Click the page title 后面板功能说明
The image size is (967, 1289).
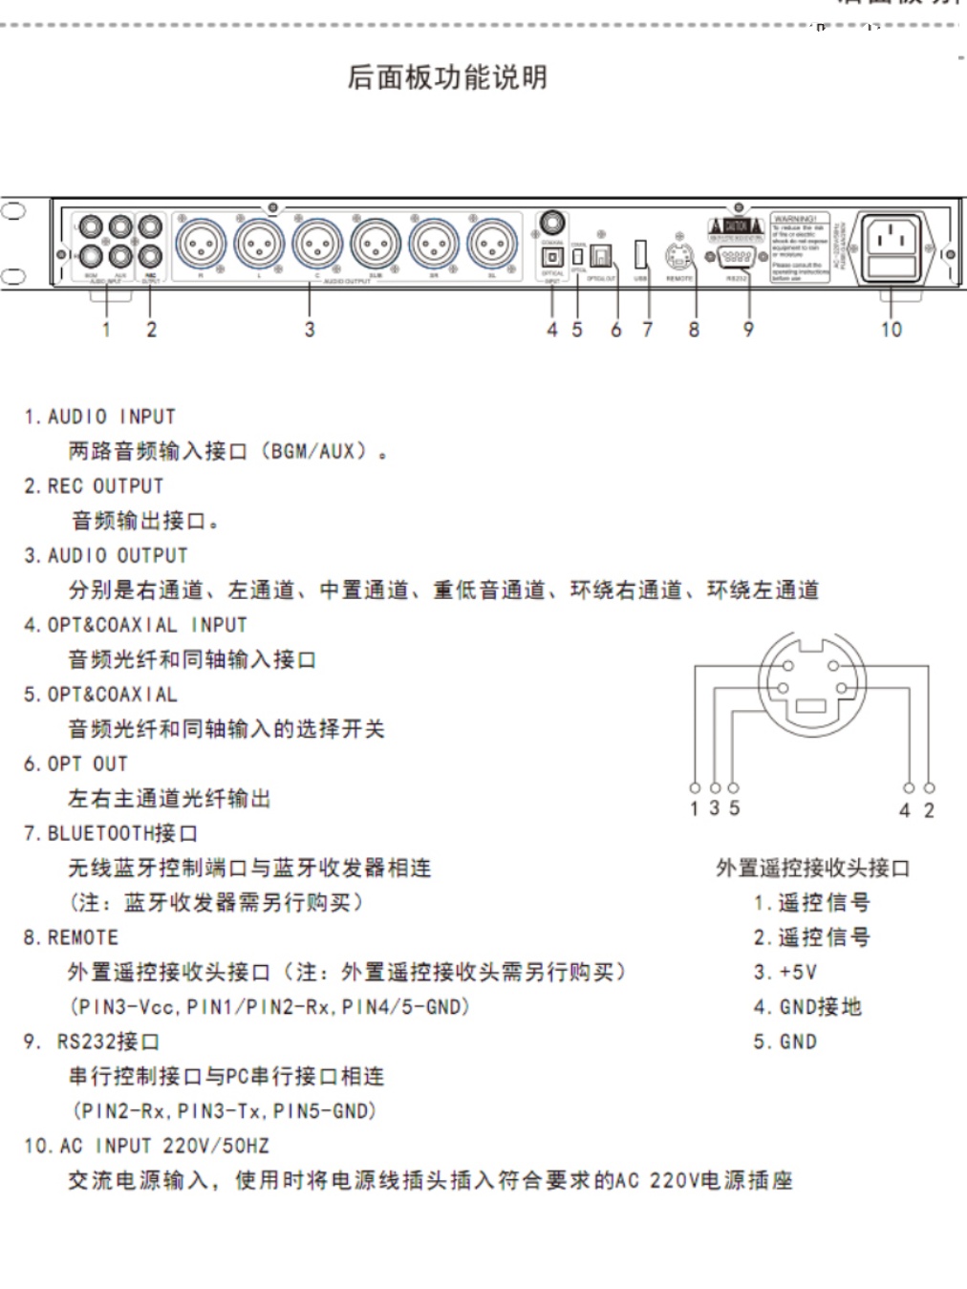(x=447, y=77)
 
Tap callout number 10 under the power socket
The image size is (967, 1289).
(x=891, y=330)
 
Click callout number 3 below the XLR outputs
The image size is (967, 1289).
(x=310, y=330)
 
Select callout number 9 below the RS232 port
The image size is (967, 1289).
(x=748, y=330)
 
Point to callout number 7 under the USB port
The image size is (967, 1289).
(x=648, y=330)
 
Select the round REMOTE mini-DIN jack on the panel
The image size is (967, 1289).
(x=677, y=256)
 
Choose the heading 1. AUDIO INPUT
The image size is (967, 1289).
(x=100, y=417)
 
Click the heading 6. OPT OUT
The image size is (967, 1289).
(x=75, y=763)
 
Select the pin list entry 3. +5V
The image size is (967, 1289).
(x=784, y=972)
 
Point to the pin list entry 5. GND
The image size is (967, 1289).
(x=784, y=1042)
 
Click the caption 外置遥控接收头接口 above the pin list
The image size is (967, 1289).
(x=813, y=868)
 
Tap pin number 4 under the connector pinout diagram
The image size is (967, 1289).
(x=905, y=810)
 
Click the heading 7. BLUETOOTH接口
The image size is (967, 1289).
(x=111, y=833)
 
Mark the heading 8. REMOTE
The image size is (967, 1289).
(x=72, y=937)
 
